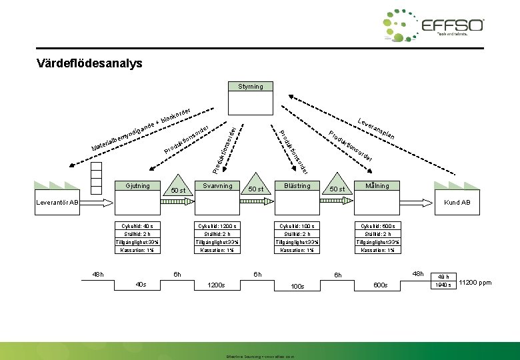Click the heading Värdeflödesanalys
90,64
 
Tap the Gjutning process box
137,185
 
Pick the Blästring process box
297,185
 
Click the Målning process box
377,185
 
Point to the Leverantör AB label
57,202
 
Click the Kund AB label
457,202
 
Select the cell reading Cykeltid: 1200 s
217,226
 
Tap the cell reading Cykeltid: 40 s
137,226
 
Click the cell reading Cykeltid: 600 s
377,226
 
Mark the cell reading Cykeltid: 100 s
297,226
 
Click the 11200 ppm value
475,283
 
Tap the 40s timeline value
141,285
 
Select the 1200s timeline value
216,285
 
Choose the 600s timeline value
381,285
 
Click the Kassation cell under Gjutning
137,250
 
